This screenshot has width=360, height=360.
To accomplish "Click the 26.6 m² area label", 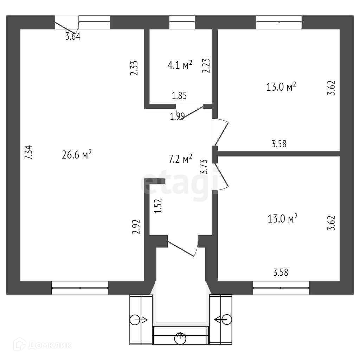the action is pos(77,154).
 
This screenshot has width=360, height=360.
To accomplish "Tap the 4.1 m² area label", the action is pos(180,65).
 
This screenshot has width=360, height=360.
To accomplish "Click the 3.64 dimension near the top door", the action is pos(73,36).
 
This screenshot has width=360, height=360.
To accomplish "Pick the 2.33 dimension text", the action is pos(134,67).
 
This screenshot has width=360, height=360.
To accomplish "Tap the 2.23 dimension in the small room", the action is pos(206,65).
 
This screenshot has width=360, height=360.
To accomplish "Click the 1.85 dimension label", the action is pos(179,95).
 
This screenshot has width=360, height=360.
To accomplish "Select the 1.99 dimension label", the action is pos(178,117).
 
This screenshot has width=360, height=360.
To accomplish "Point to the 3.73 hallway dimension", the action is pos(203,167).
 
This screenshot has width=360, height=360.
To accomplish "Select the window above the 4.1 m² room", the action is pos(182,22).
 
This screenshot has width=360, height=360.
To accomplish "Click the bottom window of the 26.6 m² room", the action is pos(80,288).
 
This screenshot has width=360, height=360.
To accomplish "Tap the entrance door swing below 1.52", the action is pos(182,247).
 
